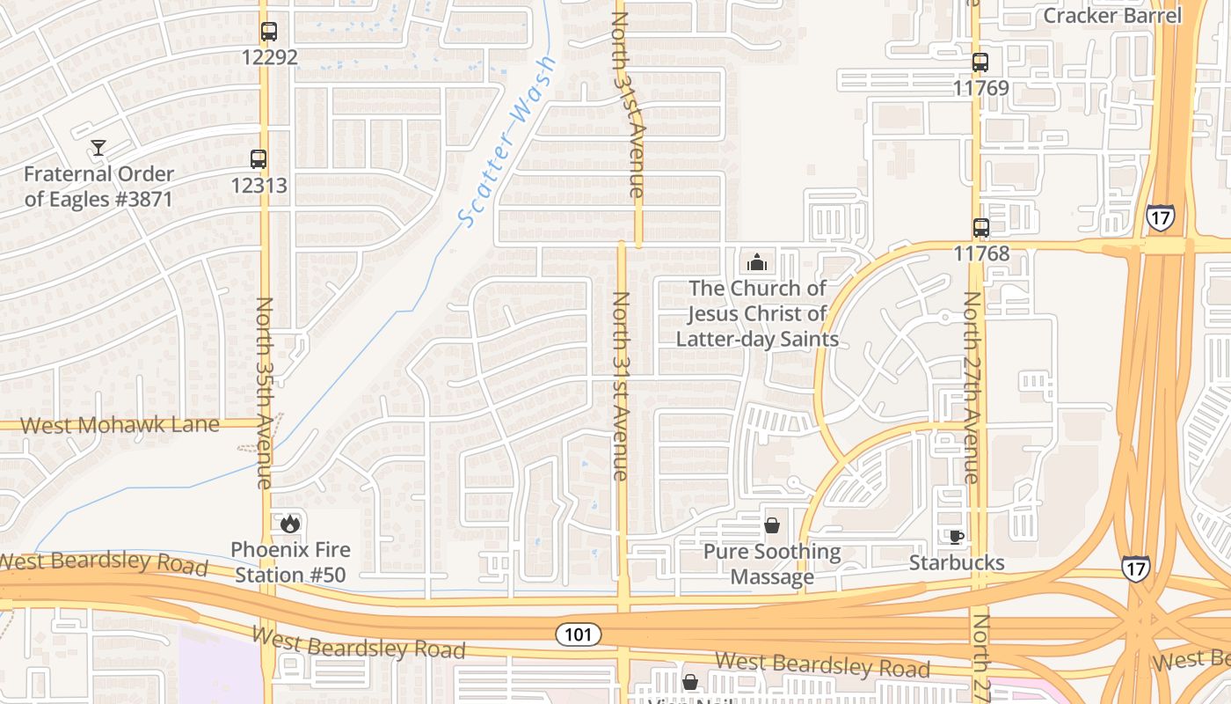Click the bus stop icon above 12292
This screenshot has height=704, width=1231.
click(269, 32)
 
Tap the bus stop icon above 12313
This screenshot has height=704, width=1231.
click(258, 159)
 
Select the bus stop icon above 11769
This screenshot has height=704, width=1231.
click(980, 62)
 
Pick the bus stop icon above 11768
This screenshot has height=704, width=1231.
click(981, 228)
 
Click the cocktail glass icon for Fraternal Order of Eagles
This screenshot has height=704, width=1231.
click(98, 148)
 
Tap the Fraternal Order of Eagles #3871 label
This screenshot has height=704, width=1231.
click(98, 187)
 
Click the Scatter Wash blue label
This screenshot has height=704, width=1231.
click(508, 141)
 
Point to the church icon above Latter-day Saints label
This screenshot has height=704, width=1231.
click(756, 262)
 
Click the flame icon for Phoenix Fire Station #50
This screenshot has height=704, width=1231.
click(290, 524)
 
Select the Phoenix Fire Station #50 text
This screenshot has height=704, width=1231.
click(290, 562)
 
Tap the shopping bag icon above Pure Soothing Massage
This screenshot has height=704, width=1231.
click(772, 525)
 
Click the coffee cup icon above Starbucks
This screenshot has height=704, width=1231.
click(957, 537)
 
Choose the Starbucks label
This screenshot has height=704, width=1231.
click(957, 562)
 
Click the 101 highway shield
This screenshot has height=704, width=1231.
click(579, 634)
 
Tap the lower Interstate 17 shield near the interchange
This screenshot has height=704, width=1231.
click(1135, 568)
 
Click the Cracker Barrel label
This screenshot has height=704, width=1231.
click(1112, 15)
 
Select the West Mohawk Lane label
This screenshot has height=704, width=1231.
click(120, 425)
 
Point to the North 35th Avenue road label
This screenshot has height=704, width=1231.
click(265, 392)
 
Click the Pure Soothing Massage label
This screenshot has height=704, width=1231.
click(772, 564)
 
